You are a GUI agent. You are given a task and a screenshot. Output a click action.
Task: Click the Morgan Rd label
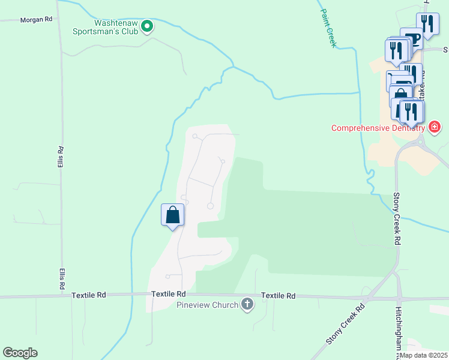[x=36, y=20]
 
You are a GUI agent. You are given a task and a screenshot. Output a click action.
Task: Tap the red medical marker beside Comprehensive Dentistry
[x=435, y=127]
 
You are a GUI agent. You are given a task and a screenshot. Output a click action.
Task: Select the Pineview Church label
[x=208, y=305]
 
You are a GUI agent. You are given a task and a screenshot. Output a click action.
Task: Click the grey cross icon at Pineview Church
[x=246, y=305]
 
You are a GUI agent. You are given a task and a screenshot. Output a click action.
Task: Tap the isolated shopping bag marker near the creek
[x=172, y=215]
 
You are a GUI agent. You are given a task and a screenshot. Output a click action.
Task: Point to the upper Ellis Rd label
[x=60, y=157]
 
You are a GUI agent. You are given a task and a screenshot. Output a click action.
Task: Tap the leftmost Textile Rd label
[x=88, y=295]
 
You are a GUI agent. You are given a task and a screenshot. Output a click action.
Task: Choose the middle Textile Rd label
[x=169, y=294]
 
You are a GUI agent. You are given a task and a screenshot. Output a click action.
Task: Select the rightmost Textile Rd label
[x=279, y=296]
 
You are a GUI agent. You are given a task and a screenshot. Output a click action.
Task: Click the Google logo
[x=20, y=353]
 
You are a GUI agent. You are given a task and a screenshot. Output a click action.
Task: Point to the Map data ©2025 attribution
[x=424, y=355]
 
